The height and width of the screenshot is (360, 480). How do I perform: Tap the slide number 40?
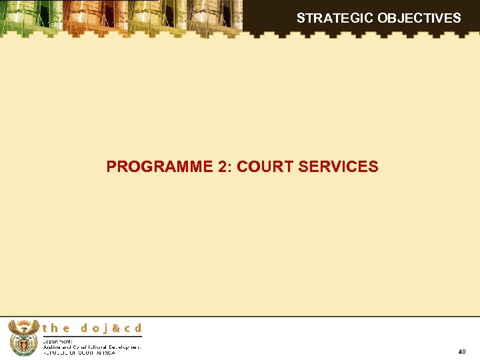(x=462, y=351)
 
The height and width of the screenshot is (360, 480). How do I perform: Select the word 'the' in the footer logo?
(x=56, y=328)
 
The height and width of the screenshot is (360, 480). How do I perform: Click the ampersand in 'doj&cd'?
(x=115, y=328)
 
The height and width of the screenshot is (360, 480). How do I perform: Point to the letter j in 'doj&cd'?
(x=105, y=329)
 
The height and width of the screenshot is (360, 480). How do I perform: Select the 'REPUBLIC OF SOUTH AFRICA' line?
(x=79, y=353)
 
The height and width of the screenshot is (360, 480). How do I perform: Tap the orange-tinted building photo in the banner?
(x=100, y=17)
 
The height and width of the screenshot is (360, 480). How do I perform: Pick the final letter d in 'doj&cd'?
(x=137, y=328)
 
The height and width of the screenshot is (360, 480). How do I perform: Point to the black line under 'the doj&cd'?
(x=92, y=336)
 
